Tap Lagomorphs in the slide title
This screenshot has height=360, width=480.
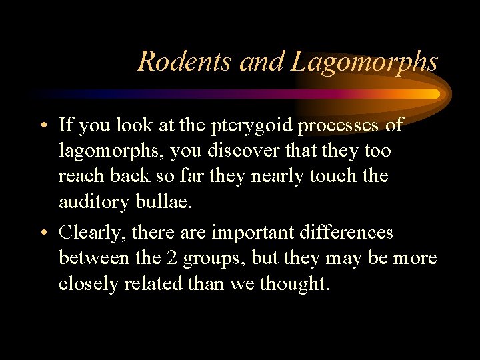pyautogui.click(x=365, y=62)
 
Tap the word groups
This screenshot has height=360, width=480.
pyautogui.click(x=211, y=259)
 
